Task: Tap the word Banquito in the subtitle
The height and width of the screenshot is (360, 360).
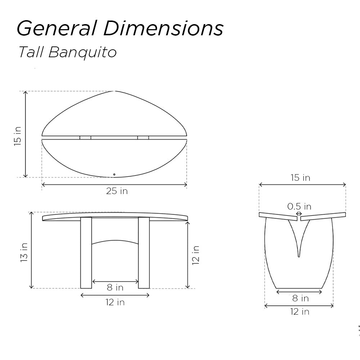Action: [x=82, y=52]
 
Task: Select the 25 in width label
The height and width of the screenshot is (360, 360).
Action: [x=117, y=191]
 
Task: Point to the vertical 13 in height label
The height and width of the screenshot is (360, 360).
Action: [x=24, y=252]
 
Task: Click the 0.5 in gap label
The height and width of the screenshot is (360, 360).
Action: [x=299, y=206]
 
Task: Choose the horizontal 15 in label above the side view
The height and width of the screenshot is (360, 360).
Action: [x=300, y=177]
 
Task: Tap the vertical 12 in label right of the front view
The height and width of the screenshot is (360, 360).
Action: [x=195, y=255]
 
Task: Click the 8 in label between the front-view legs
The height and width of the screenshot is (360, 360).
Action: [x=115, y=288]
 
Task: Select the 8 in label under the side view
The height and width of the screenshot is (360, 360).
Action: [x=300, y=298]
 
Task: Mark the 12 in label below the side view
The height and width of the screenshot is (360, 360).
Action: [x=300, y=312]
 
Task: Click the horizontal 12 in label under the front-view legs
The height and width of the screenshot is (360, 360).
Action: [x=115, y=302]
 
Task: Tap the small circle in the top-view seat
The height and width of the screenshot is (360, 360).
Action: [x=114, y=175]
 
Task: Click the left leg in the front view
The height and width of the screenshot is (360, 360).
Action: [x=86, y=252]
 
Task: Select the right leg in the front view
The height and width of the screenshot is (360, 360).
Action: [x=144, y=252]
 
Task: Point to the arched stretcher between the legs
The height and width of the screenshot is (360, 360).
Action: [x=115, y=242]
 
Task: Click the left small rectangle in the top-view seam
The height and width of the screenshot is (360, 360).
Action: [x=85, y=137]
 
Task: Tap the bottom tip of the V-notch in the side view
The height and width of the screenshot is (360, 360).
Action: [x=298, y=256]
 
